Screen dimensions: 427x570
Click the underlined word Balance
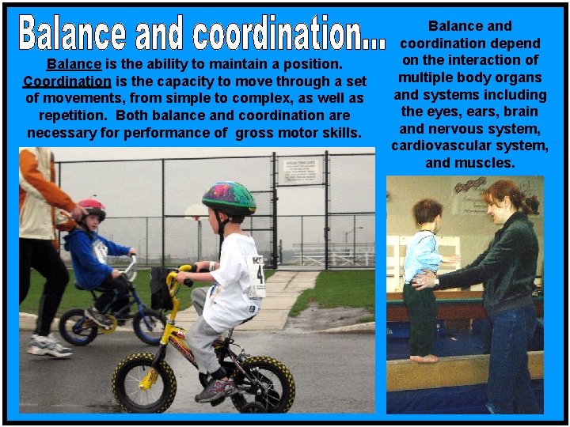(x=73, y=64)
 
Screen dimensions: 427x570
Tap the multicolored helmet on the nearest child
(x=229, y=198)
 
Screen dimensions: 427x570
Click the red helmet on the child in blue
(x=91, y=208)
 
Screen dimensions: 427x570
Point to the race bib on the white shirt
(x=256, y=277)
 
